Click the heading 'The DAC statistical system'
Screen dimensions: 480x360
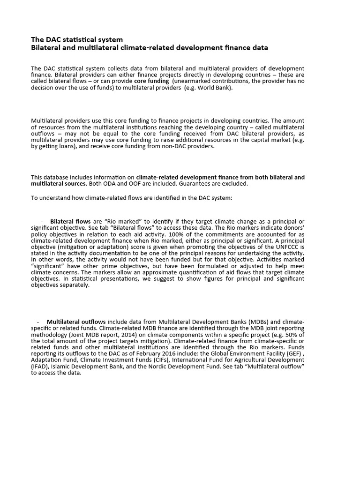(77, 39)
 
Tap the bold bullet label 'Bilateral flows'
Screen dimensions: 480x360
(70, 221)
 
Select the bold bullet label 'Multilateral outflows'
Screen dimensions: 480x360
(76, 322)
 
